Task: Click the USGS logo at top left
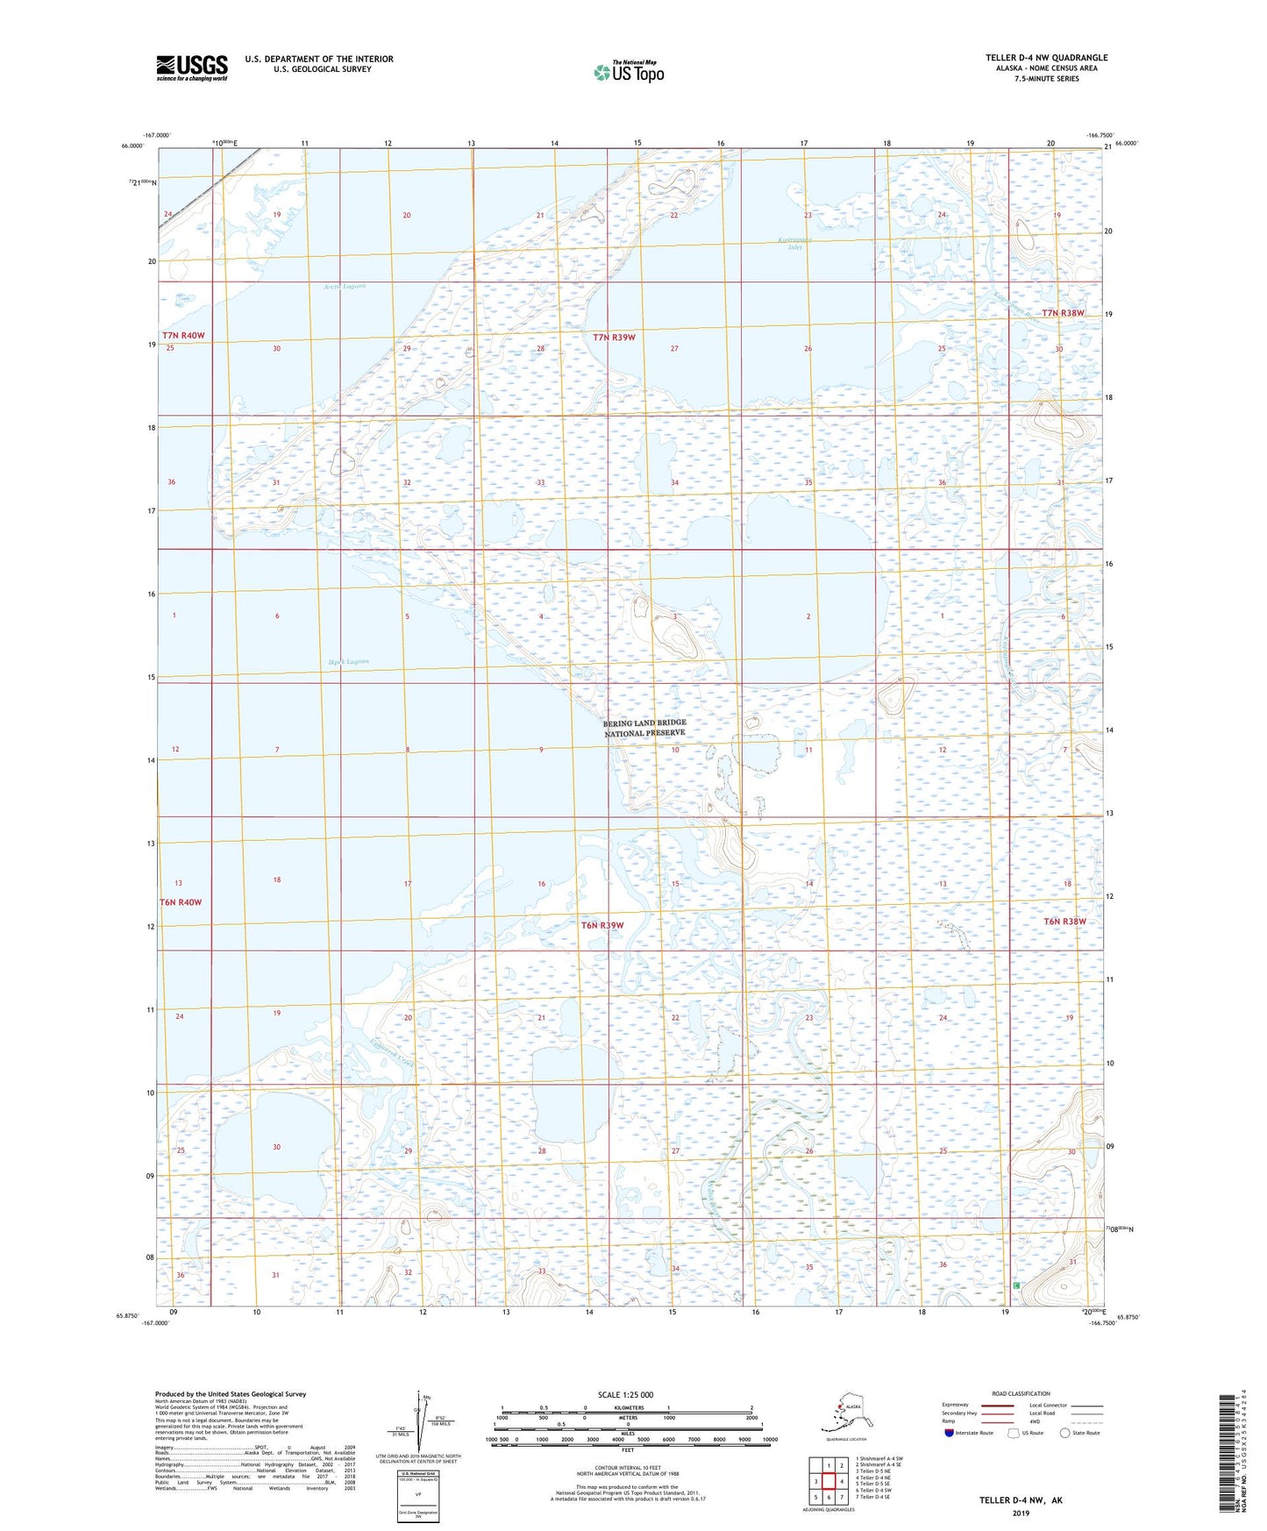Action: (191, 68)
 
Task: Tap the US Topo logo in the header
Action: (629, 72)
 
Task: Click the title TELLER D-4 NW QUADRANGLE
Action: (1046, 58)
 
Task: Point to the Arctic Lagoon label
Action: (344, 287)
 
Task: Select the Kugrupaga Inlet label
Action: (794, 243)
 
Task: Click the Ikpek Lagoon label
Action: (348, 662)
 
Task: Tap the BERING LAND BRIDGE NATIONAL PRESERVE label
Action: (644, 728)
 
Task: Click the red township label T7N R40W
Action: (183, 336)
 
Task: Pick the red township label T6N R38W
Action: (1064, 922)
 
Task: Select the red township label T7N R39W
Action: (614, 338)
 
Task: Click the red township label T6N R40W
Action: (181, 902)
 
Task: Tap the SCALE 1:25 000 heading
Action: (625, 1395)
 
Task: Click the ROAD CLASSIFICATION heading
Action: (1021, 1393)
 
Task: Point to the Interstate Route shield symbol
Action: (949, 1433)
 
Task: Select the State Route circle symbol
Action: (1064, 1433)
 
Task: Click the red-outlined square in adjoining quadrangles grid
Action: (827, 1481)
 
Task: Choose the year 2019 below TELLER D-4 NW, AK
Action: (1021, 1513)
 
